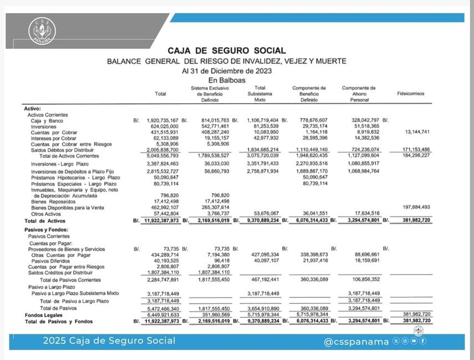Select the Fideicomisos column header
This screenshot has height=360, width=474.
410,94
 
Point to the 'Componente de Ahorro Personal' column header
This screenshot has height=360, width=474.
359,94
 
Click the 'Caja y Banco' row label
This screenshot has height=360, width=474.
47,120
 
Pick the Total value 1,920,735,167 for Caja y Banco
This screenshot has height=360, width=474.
162,120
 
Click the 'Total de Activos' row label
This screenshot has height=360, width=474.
45,221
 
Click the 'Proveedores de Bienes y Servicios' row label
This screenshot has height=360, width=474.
67,250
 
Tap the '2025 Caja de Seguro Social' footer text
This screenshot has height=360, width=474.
109,341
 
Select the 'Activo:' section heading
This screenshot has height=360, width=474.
33,109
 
